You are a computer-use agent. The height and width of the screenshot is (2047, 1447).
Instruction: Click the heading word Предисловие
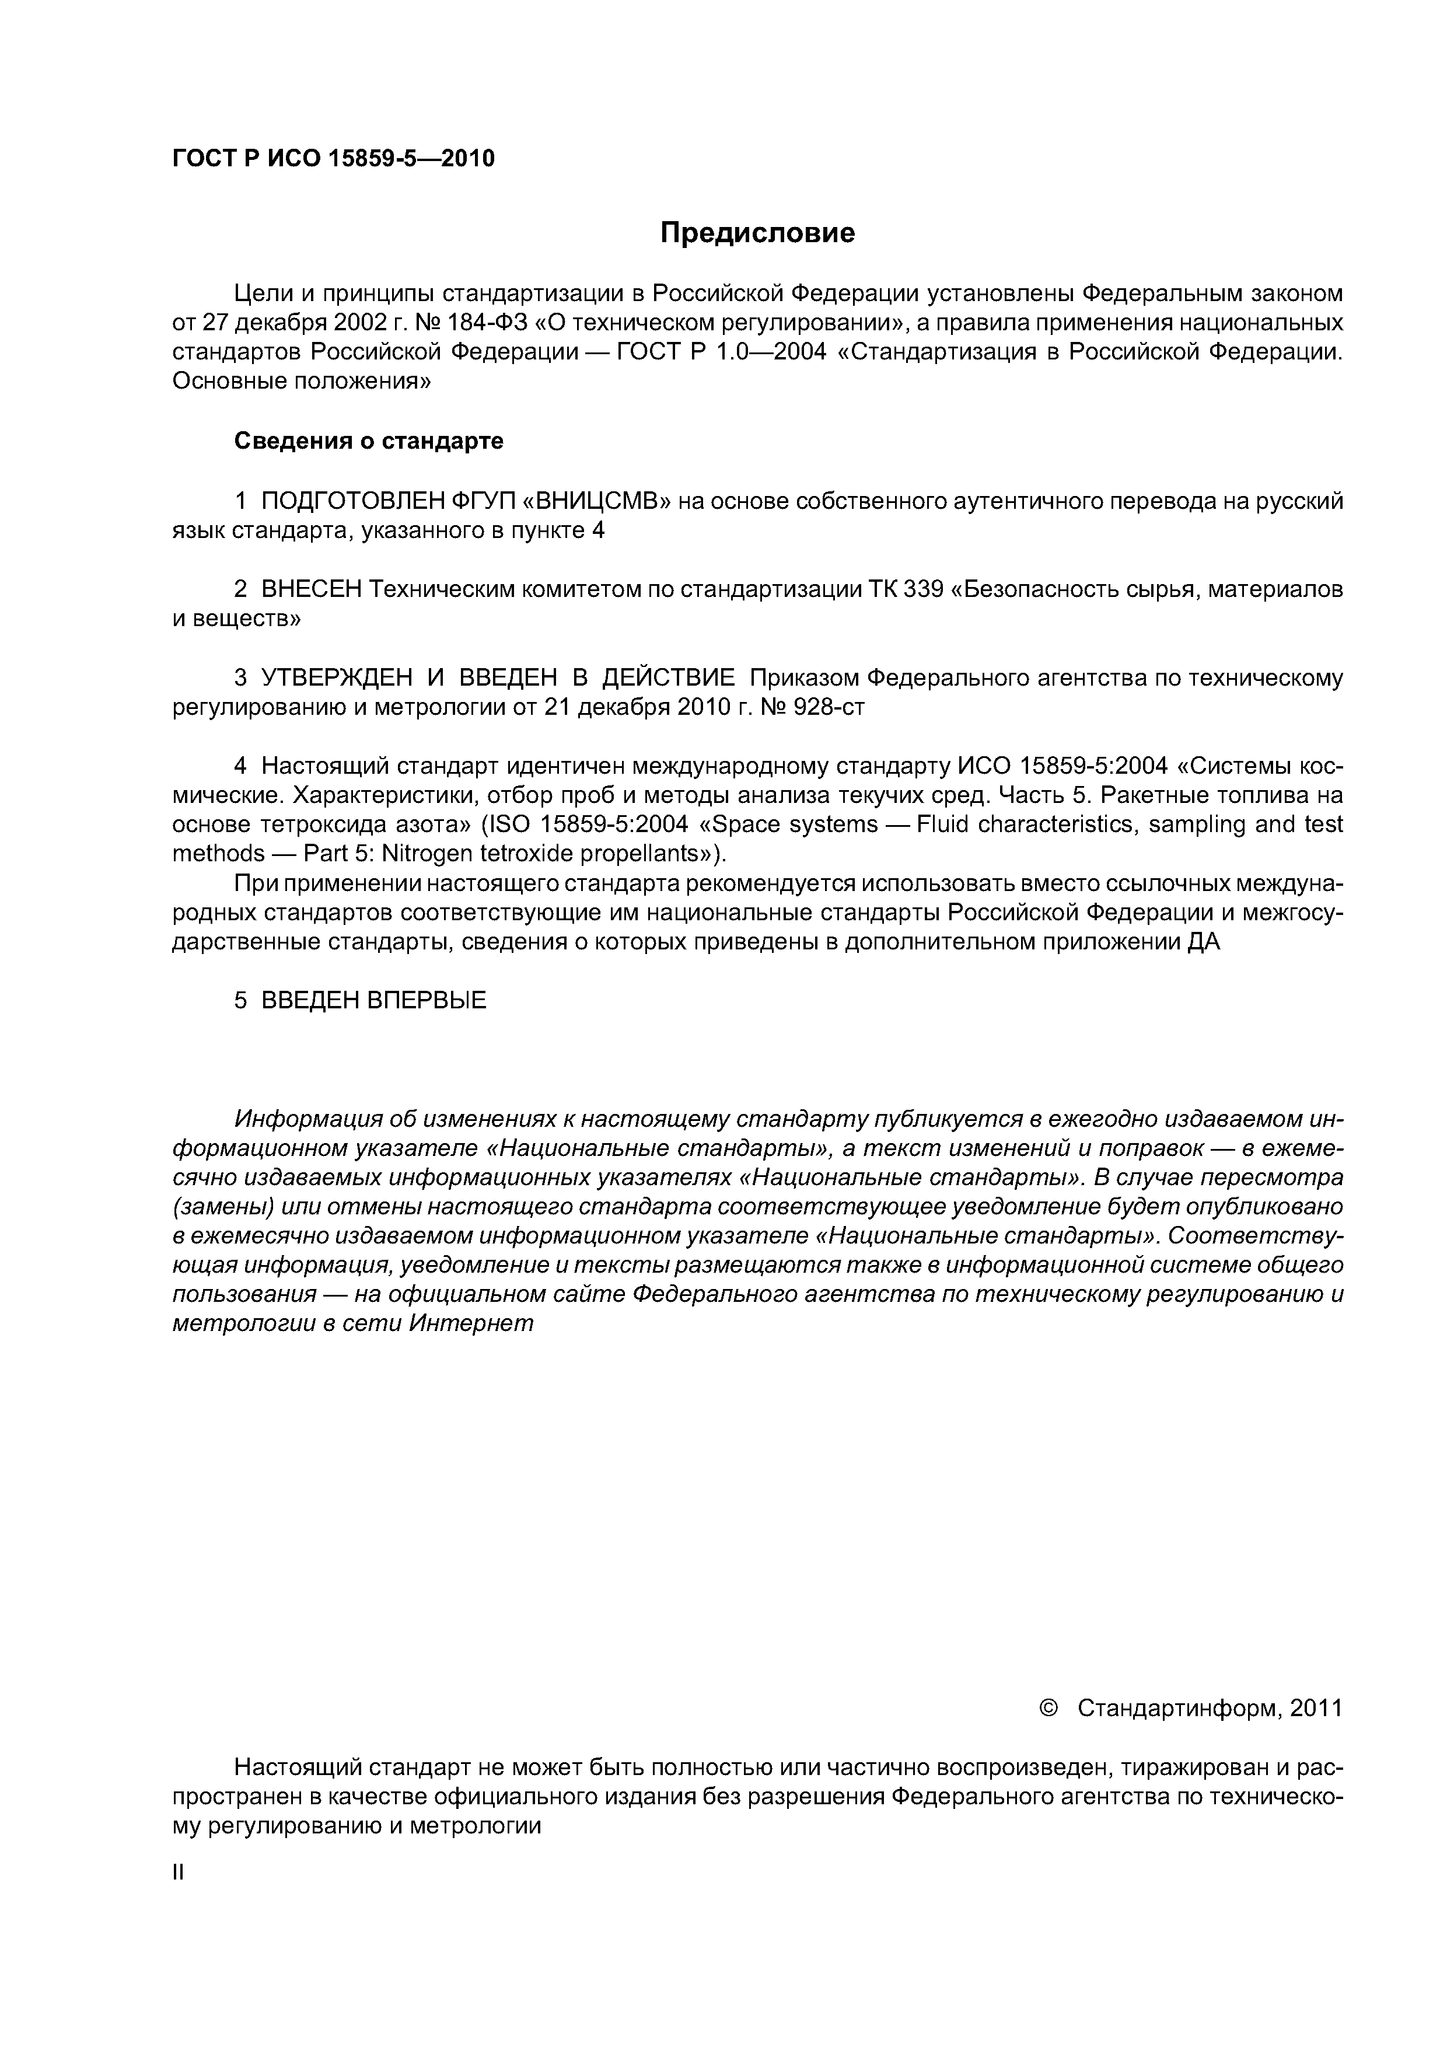click(757, 233)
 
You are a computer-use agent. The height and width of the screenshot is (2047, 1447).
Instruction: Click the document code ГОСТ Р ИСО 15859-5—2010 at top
click(333, 159)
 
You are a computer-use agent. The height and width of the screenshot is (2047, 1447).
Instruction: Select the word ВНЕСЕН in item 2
click(310, 589)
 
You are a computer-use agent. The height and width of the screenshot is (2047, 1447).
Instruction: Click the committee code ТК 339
click(905, 589)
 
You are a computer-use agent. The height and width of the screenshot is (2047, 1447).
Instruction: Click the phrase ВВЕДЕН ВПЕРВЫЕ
click(373, 1000)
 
